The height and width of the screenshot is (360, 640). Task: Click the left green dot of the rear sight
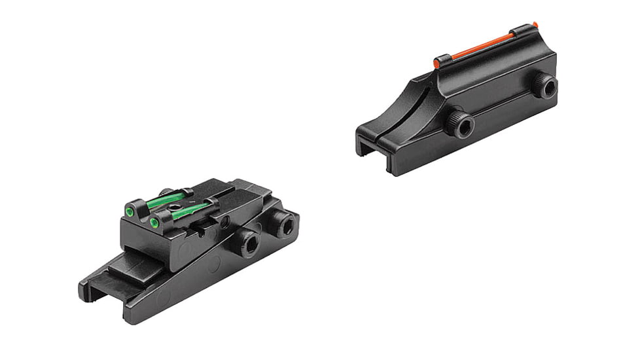point(130,211)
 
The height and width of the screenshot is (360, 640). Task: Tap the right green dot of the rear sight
point(154,223)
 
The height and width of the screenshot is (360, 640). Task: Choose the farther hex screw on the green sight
point(284,226)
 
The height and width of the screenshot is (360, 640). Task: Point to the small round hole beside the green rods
point(224,223)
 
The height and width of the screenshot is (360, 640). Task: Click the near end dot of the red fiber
point(437,63)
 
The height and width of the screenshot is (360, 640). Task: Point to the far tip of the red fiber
point(535,24)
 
